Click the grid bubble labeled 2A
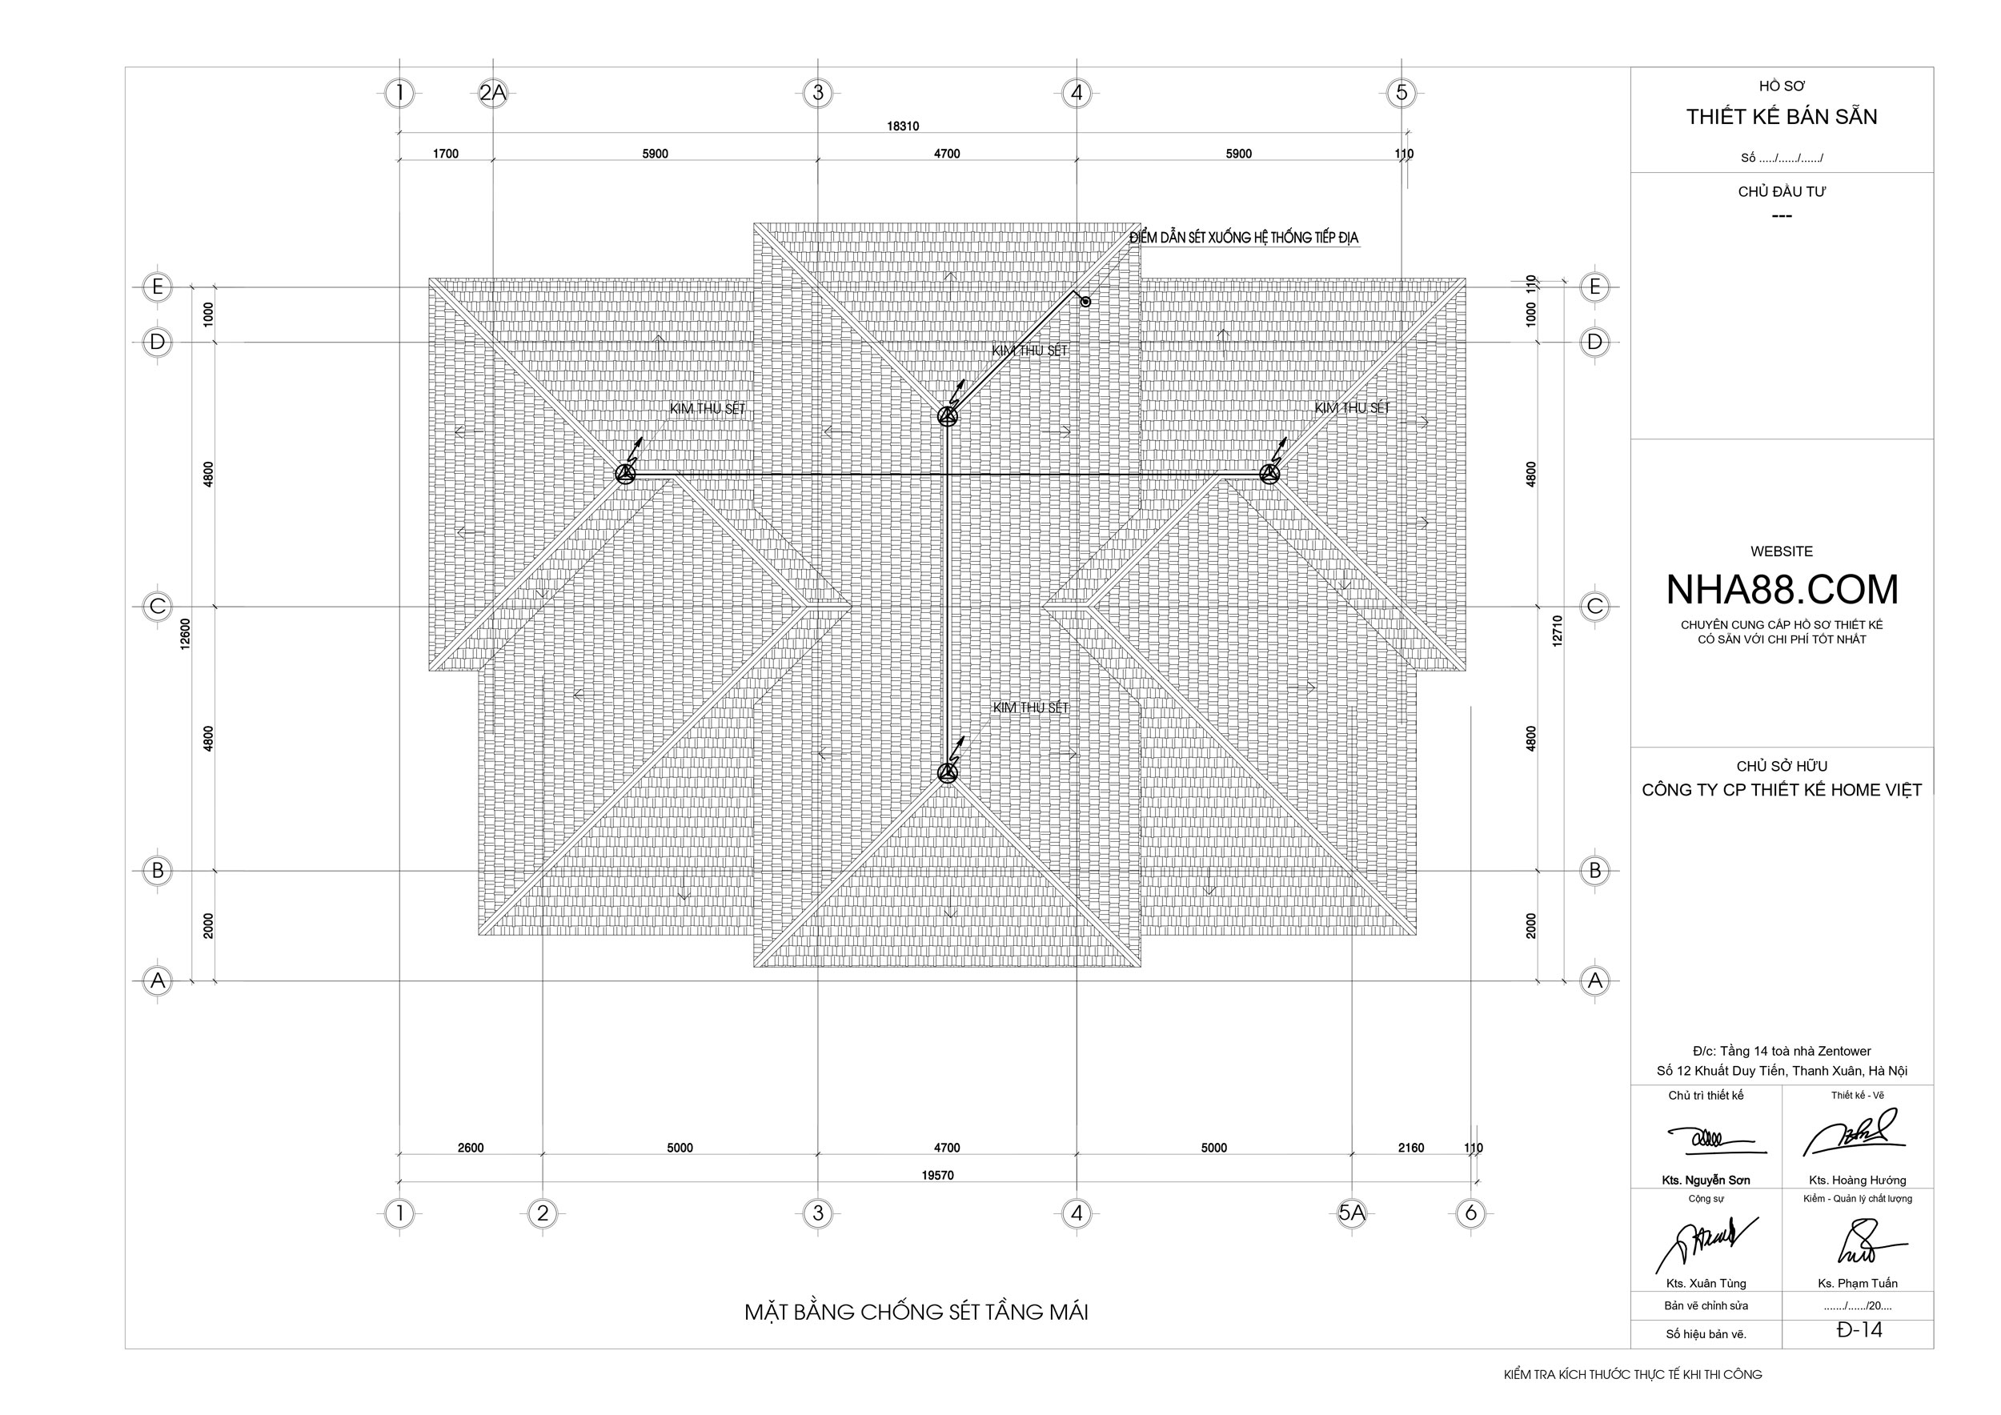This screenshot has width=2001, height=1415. point(493,93)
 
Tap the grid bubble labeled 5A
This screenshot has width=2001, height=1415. point(1352,1213)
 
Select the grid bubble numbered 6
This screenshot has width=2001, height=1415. point(1471,1213)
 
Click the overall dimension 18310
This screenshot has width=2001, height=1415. point(903,126)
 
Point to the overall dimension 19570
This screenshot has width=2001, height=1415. point(938,1176)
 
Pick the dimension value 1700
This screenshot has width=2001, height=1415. point(445,154)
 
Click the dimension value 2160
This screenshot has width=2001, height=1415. point(1411,1148)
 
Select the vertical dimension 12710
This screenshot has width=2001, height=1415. point(1558,631)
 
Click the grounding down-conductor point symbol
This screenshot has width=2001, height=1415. point(1086,303)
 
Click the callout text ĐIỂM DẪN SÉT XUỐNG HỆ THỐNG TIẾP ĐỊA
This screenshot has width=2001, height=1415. point(1244,238)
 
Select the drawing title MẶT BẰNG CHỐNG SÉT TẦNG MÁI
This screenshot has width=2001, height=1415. point(916,1313)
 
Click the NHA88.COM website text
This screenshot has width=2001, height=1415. point(1782,590)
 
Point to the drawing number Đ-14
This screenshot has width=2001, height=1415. point(1860,1330)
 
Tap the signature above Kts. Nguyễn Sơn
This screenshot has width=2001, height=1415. point(1709,1139)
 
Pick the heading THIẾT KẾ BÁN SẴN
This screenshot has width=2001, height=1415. point(1782,117)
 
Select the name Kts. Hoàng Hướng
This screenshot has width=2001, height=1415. point(1857,1181)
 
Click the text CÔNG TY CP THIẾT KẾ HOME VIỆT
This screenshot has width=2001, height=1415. point(1782,790)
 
